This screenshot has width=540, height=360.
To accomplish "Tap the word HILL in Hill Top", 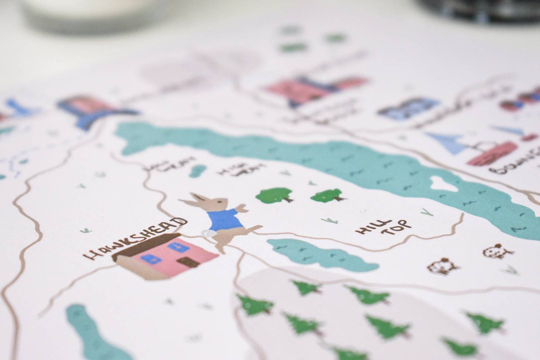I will click(368, 227).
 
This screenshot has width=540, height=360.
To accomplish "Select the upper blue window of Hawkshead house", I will click(176, 246).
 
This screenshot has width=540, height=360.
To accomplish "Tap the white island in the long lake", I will click(444, 183).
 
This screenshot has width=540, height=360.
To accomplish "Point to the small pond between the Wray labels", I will click(197, 170).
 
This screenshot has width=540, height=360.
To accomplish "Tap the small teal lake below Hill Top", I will click(318, 254).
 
